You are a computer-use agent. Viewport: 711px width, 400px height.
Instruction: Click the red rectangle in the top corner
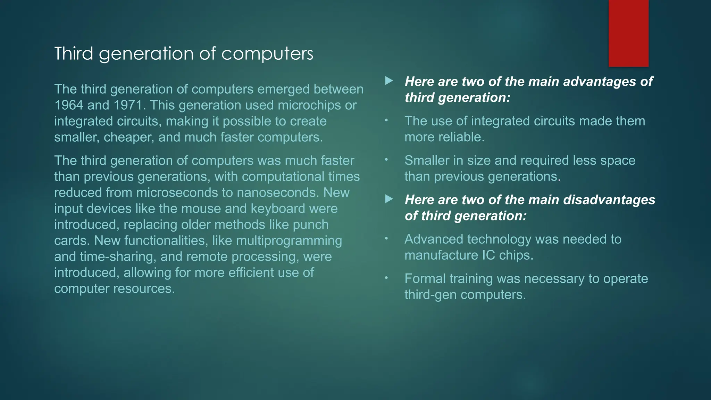(628, 33)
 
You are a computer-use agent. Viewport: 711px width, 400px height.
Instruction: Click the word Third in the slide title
(74, 53)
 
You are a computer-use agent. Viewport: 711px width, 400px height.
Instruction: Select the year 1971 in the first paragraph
(130, 105)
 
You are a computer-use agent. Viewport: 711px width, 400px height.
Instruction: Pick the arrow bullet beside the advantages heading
(389, 81)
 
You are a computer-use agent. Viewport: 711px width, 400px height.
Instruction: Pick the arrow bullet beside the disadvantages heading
(389, 199)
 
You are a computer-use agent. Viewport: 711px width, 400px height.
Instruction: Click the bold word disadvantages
(609, 200)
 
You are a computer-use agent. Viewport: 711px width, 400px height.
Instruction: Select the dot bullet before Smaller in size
(386, 160)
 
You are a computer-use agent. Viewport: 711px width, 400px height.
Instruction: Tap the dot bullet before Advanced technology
(386, 239)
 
